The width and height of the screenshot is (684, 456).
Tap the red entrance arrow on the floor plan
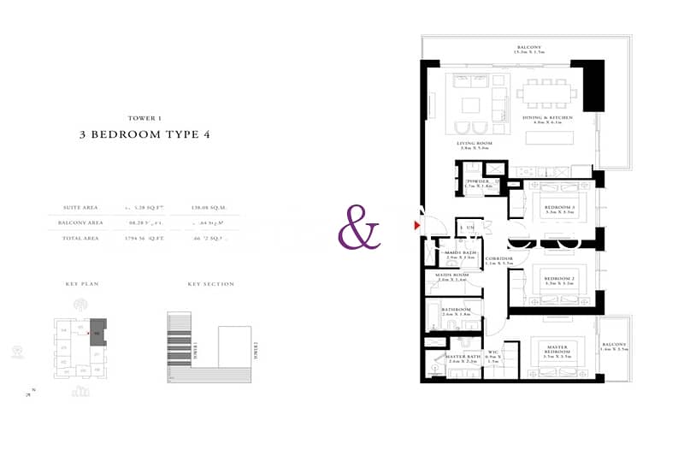[x=417, y=226]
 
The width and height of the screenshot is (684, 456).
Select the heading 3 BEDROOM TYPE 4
[x=144, y=134]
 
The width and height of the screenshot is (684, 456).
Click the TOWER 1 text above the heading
[x=144, y=117]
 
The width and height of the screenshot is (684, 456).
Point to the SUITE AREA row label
[x=80, y=207]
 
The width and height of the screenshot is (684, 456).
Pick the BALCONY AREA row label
[x=83, y=222]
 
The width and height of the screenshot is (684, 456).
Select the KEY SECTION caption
[x=210, y=284]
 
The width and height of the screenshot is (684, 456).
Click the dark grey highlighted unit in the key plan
[x=98, y=329]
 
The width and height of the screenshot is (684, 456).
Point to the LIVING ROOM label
[x=472, y=143]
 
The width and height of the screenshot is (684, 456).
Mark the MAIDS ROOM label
[x=452, y=276]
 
